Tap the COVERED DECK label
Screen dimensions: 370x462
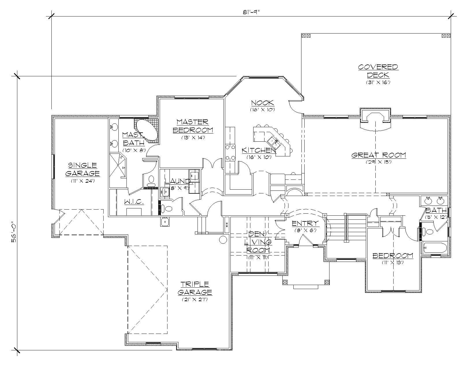[x=378, y=71]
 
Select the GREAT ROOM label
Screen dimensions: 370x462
[x=379, y=155]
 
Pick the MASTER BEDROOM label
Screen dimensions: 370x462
[x=193, y=126]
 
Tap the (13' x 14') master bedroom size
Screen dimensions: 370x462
[x=193, y=138]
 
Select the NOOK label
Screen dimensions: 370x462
[x=262, y=103]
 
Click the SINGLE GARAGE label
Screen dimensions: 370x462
[x=82, y=169]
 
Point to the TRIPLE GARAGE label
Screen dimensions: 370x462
[x=195, y=288]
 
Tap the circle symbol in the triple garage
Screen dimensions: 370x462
[x=223, y=240]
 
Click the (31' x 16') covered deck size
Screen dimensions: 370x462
[x=378, y=82]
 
